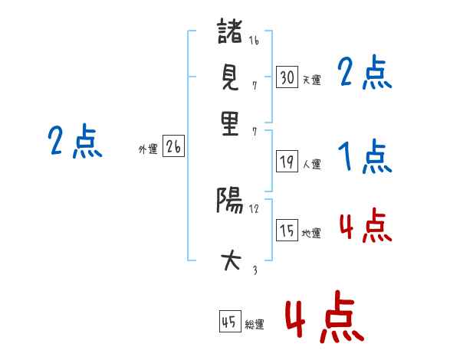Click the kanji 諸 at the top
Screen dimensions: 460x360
pos(230,31)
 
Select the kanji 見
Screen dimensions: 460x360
pos(230,77)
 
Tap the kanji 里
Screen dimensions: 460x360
pos(230,123)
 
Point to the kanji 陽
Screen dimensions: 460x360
pos(230,200)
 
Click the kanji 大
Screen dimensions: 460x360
pos(231,260)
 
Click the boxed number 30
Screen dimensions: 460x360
pos(287,77)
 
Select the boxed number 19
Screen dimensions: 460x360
pos(287,161)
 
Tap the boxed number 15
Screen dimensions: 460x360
pos(287,230)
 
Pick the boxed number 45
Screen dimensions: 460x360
pos(230,321)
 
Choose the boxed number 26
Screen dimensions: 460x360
pos(173,146)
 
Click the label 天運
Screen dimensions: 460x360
pos(311,80)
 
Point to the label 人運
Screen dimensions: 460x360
pos(311,164)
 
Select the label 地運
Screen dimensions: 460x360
pos(311,234)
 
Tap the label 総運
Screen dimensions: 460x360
pos(255,325)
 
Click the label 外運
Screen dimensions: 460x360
pos(148,149)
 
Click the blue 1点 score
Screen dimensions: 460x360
pos(365,156)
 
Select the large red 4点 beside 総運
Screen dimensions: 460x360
pos(325,316)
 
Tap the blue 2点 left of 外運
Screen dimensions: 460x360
pos(75,141)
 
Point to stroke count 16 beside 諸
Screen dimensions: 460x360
pos(254,40)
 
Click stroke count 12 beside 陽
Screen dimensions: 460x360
pos(254,209)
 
